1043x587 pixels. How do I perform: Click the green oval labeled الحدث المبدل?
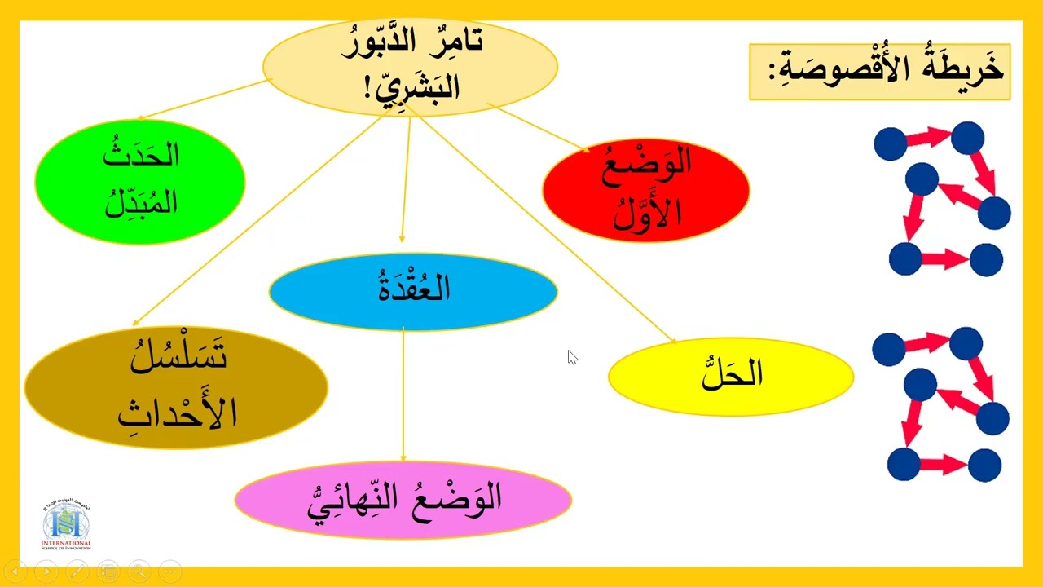(140, 181)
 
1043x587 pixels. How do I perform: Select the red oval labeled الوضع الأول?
(645, 189)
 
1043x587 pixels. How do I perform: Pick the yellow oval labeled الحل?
(731, 376)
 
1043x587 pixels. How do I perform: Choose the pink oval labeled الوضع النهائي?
(403, 499)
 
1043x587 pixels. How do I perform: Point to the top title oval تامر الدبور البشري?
(410, 65)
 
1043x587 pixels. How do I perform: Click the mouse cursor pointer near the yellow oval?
(572, 357)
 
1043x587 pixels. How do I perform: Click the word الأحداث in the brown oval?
(177, 412)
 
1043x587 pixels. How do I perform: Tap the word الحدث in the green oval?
(141, 155)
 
